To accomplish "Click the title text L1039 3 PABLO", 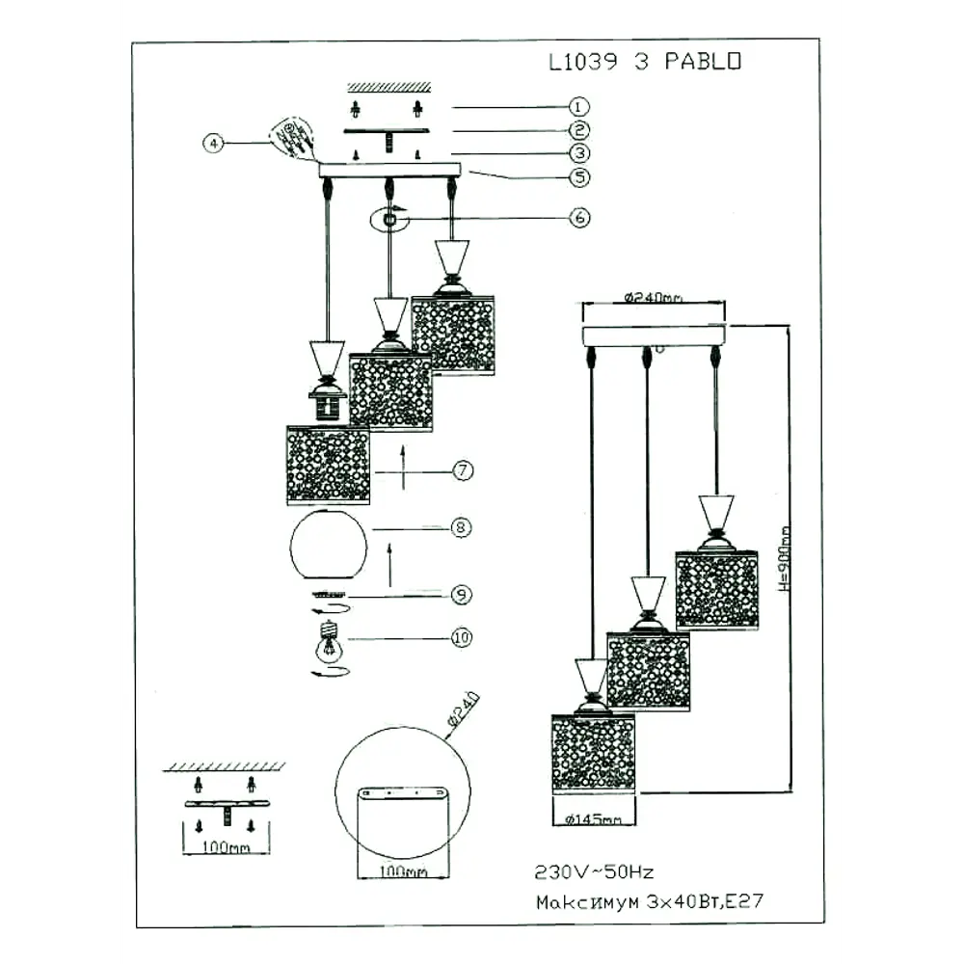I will point(645,63).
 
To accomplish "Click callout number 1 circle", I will point(578,107).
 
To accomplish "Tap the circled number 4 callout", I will point(214,143).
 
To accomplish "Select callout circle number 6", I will point(578,218).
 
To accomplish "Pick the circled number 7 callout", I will point(463,471).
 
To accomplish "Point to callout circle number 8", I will point(462,527).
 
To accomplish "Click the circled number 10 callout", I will point(463,638).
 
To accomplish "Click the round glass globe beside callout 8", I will point(329,545).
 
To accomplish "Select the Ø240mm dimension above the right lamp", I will point(654,298).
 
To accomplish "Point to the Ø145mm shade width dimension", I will point(593,819).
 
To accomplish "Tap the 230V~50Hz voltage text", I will point(595,871).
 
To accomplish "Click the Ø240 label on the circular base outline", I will point(464,711).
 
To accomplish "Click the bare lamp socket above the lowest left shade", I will point(328,405).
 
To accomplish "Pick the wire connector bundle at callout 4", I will point(291,138).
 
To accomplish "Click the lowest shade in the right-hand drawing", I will point(593,753).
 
